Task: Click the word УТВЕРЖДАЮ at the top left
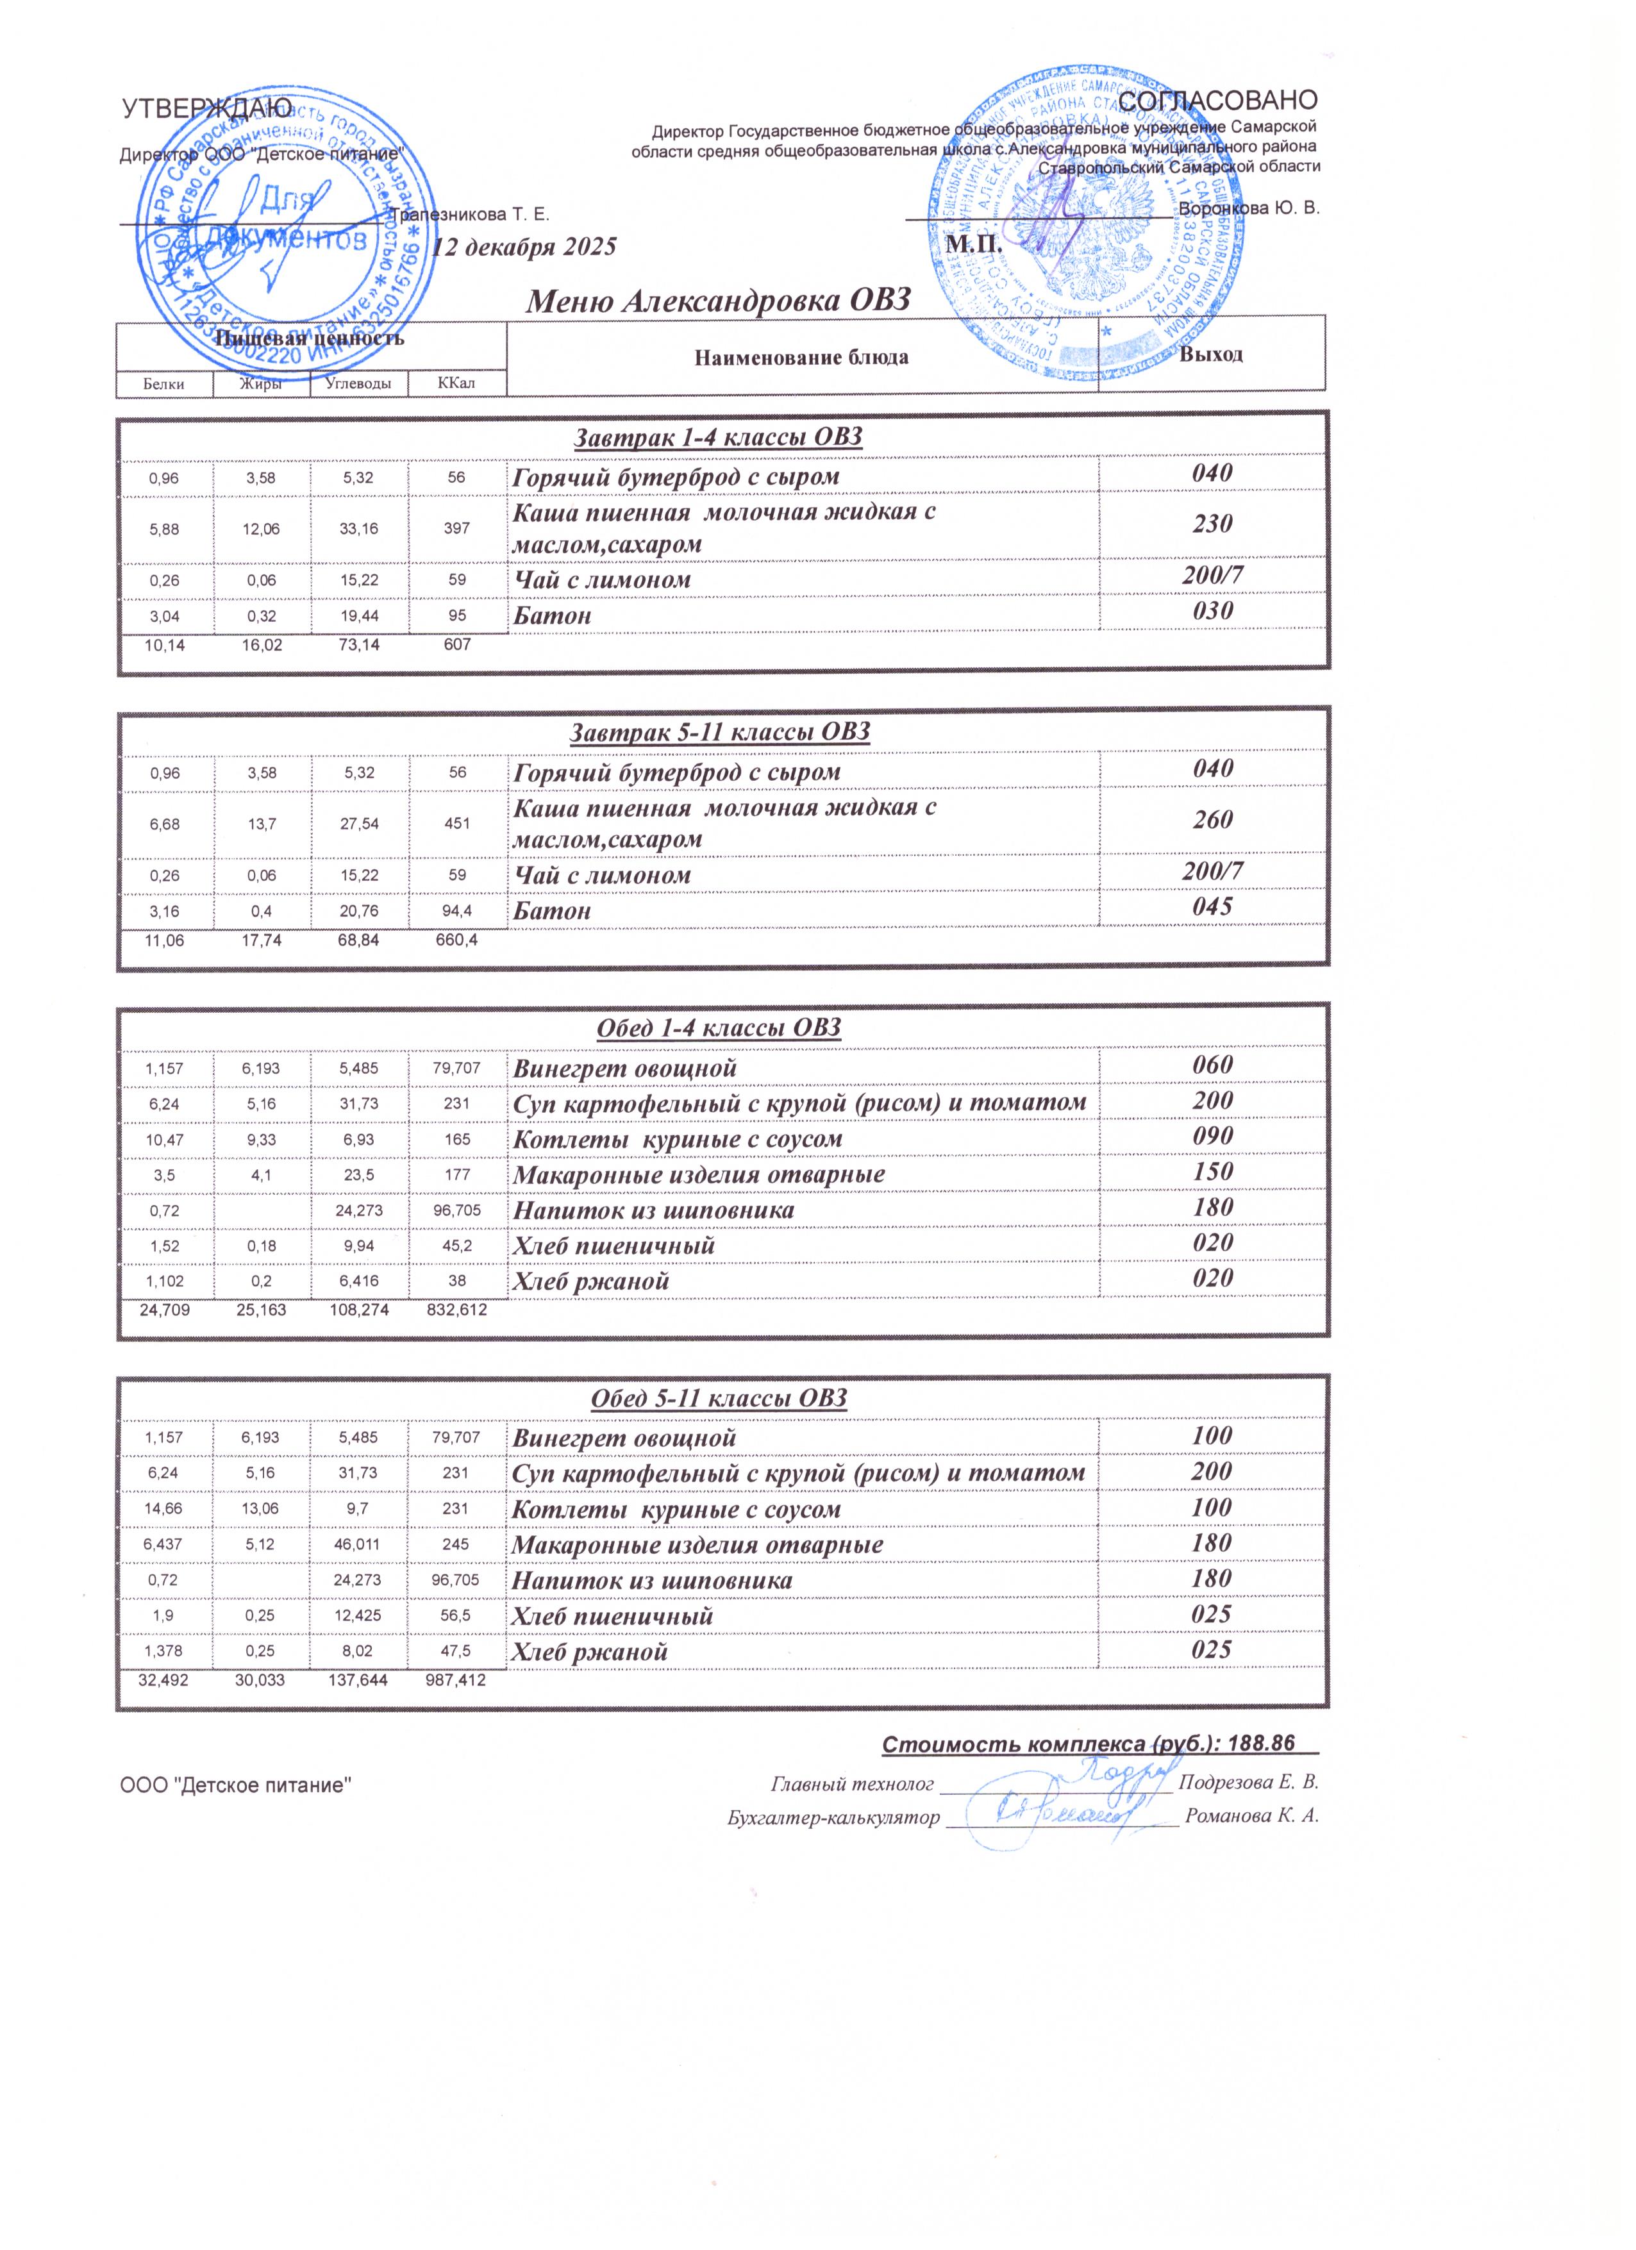pyautogui.click(x=206, y=108)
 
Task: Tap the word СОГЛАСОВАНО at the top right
pyautogui.click(x=1217, y=100)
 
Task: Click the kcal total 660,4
pyautogui.click(x=456, y=940)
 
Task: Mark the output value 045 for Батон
pyautogui.click(x=1212, y=907)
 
